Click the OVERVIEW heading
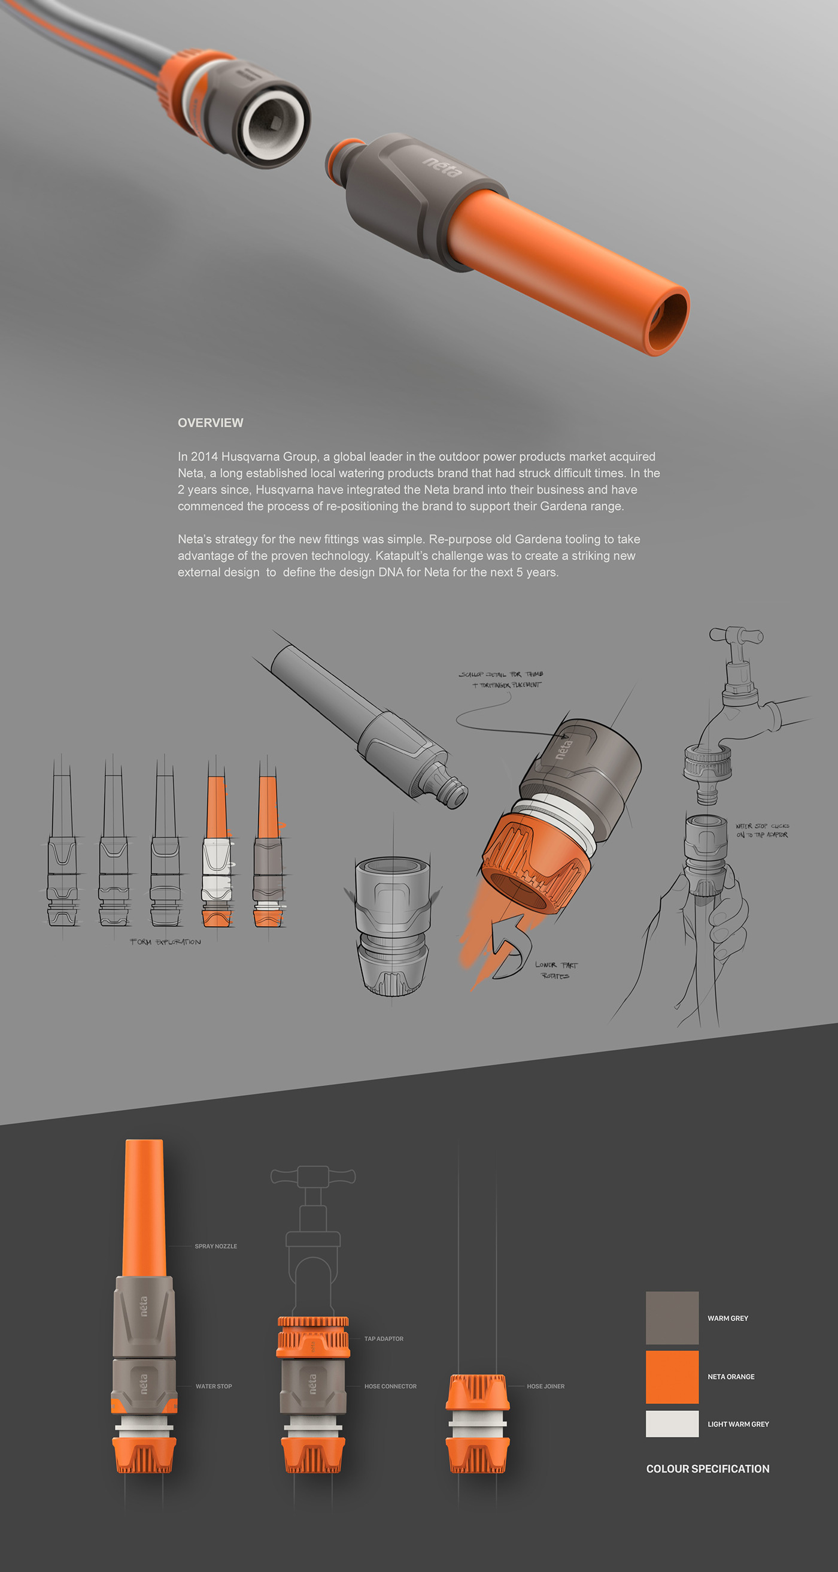(211, 423)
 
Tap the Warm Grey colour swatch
(672, 1317)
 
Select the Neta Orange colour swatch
(672, 1376)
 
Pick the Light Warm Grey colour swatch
(672, 1423)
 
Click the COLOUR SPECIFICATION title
(708, 1469)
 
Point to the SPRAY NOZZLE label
(216, 1246)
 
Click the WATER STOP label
(214, 1386)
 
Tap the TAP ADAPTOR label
(384, 1339)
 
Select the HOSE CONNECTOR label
(390, 1386)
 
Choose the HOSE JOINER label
(545, 1386)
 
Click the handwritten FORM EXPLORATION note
(165, 942)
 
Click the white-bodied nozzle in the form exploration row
(217, 866)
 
